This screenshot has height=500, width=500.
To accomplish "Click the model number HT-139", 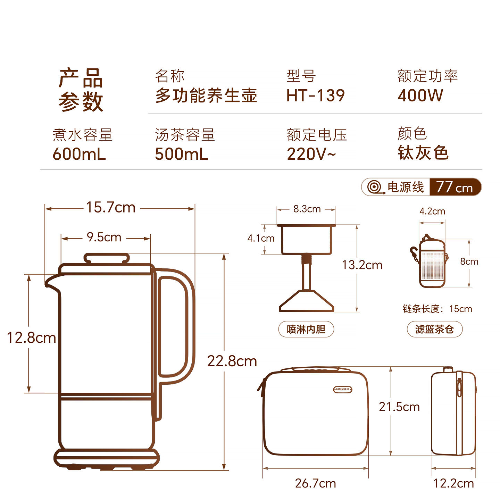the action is (315, 95).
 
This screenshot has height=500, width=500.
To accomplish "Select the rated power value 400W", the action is (420, 95).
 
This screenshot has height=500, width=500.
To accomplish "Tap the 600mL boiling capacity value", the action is (79, 154).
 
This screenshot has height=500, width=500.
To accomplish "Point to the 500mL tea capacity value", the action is (181, 154).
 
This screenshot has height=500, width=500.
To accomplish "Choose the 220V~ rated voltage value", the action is (311, 154).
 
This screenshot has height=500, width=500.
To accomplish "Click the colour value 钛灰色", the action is (423, 152).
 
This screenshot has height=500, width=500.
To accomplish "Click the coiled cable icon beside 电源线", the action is (375, 187).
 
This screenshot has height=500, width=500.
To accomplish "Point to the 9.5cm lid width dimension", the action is (104, 237).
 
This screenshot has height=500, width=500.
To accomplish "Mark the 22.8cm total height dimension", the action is (232, 361).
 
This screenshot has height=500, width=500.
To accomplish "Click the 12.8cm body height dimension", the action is (31, 338).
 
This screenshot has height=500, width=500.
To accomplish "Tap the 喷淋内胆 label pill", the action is (306, 329).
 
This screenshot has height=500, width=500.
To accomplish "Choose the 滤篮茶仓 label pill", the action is (435, 329).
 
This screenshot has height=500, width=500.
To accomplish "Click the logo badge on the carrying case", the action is (342, 389).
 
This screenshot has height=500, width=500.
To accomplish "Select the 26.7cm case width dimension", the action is (316, 483).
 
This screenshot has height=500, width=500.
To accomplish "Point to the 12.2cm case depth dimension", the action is (453, 483).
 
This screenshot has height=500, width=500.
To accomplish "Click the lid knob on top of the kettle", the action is (107, 258).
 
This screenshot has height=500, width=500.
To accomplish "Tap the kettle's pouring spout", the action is (52, 282).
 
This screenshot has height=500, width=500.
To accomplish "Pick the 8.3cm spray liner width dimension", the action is (307, 209).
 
